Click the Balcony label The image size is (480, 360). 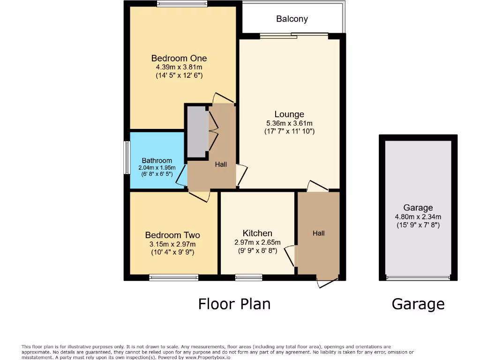click(292, 19)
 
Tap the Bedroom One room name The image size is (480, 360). click(179, 58)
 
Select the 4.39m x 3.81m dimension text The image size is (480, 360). click(179, 67)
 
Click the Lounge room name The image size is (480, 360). click(289, 114)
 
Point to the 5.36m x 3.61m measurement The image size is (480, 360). click(289, 123)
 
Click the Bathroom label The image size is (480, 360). click(157, 160)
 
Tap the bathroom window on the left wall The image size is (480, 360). click(127, 157)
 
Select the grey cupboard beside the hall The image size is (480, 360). click(197, 132)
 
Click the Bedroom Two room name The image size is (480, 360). click(172, 235)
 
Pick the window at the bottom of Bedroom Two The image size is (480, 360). click(174, 277)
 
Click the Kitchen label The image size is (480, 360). click(257, 233)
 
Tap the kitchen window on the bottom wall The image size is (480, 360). click(248, 277)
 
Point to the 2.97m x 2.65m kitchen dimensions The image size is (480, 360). click(257, 242)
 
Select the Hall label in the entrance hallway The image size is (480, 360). click(319, 233)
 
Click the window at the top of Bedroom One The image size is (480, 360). click(182, 4)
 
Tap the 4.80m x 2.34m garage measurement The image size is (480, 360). click(418, 217)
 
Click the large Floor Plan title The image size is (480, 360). click(234, 304)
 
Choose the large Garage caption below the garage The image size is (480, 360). click(418, 304)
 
